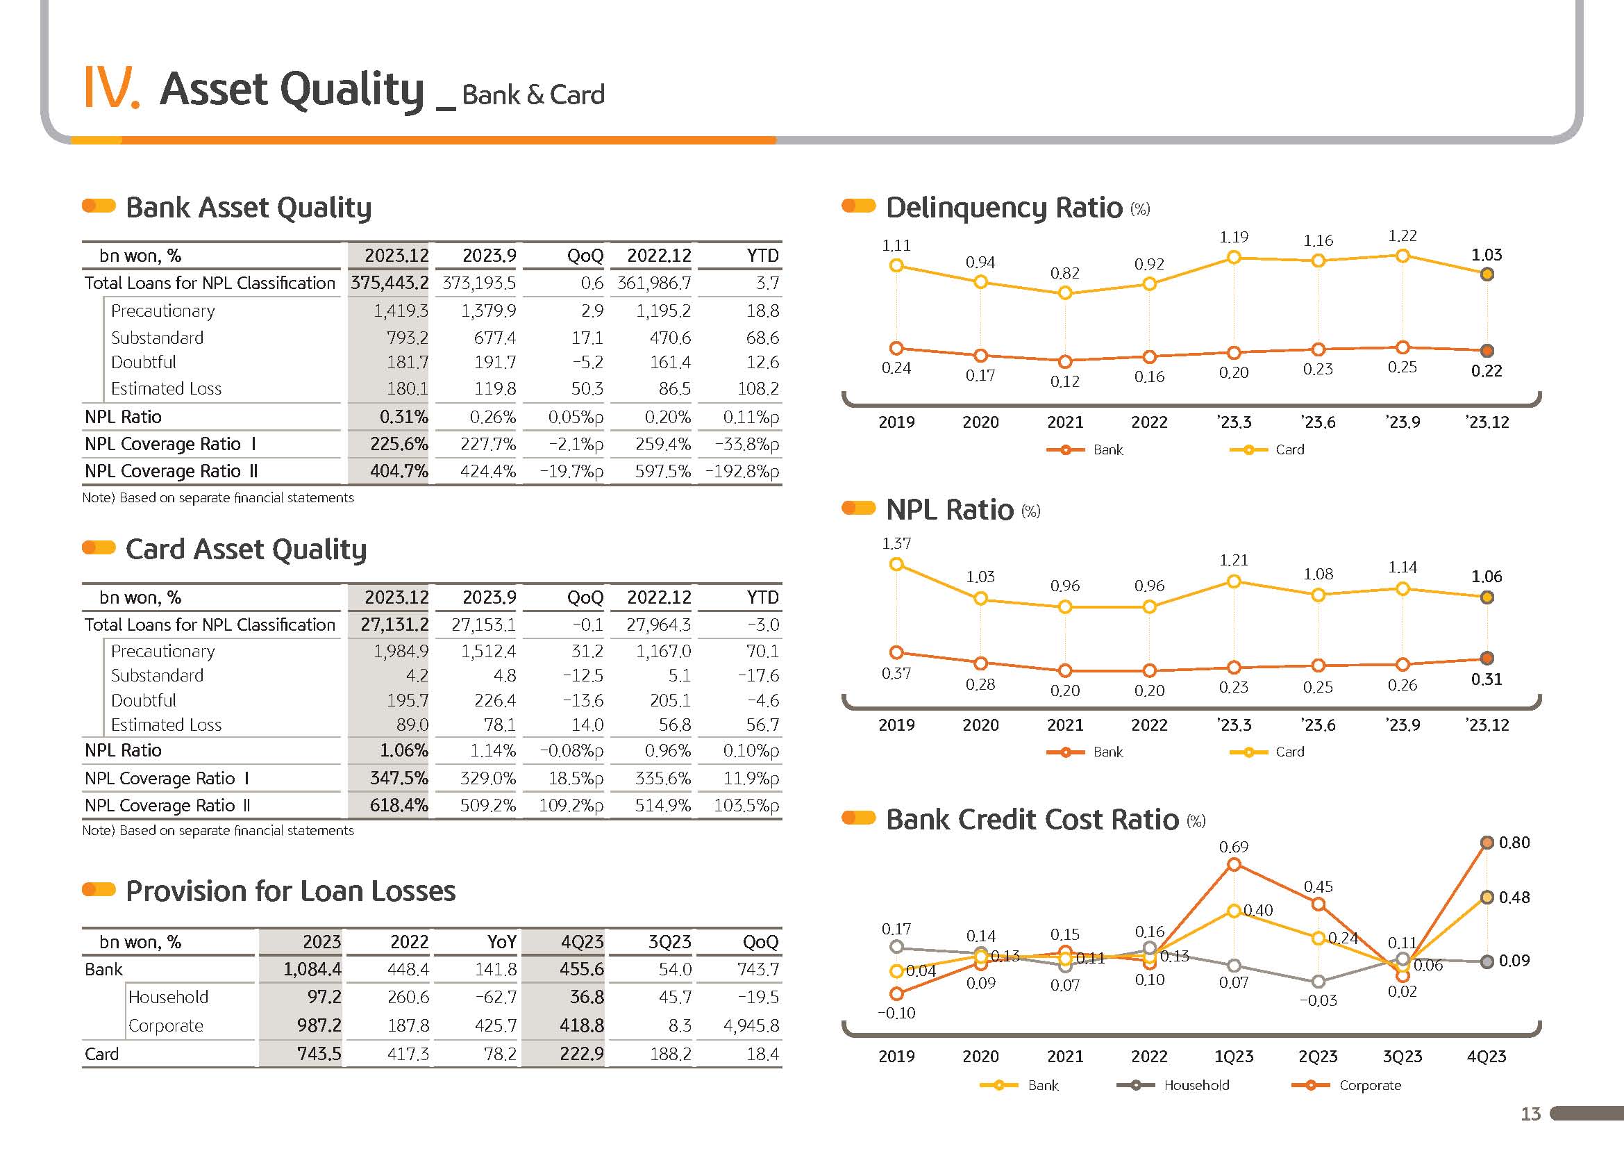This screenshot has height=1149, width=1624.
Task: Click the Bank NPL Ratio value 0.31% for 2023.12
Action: click(x=403, y=417)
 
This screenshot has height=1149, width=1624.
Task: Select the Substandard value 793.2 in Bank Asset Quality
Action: click(x=408, y=338)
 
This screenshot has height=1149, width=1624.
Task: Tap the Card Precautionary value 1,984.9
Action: click(x=401, y=651)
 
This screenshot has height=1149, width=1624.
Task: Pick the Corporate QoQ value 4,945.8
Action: click(x=751, y=1025)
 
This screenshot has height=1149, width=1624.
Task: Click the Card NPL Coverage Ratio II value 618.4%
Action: click(x=399, y=805)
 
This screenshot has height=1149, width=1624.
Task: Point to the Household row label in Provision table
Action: click(x=168, y=997)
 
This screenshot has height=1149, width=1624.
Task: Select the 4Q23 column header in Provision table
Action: click(x=582, y=942)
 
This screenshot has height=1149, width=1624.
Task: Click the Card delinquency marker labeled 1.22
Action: click(x=1403, y=256)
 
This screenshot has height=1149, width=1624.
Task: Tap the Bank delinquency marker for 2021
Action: click(x=1065, y=361)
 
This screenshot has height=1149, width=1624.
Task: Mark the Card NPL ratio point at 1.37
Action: click(x=896, y=564)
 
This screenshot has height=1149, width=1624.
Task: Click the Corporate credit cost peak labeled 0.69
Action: click(x=1234, y=864)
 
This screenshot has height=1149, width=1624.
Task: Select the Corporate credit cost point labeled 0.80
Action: click(x=1487, y=842)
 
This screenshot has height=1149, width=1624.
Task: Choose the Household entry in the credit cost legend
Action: click(x=1173, y=1084)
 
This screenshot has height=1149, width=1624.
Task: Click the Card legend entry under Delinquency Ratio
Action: click(x=1267, y=449)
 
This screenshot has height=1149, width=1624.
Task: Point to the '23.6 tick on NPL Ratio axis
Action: click(x=1318, y=725)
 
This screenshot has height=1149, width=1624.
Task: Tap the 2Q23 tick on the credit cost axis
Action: click(x=1318, y=1057)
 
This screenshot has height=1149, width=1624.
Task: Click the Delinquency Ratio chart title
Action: click(x=1005, y=207)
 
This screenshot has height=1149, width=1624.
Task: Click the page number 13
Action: click(x=1531, y=1114)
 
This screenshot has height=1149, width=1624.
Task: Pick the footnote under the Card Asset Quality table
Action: click(x=218, y=830)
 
